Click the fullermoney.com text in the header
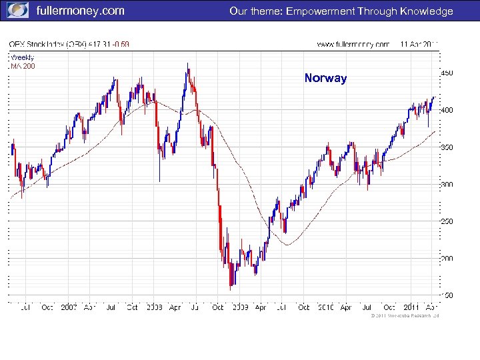tap(80, 11)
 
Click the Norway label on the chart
tap(325, 78)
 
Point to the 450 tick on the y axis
tap(447, 73)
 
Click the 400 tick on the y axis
tap(447, 110)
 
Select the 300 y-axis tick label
tap(447, 184)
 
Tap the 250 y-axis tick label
tap(447, 221)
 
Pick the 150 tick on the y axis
tap(447, 295)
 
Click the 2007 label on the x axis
tap(69, 307)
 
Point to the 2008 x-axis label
tap(154, 307)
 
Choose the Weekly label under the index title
tap(22, 57)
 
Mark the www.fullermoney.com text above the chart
tap(353, 45)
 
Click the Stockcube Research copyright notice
tap(404, 316)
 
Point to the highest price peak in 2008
tap(188, 65)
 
